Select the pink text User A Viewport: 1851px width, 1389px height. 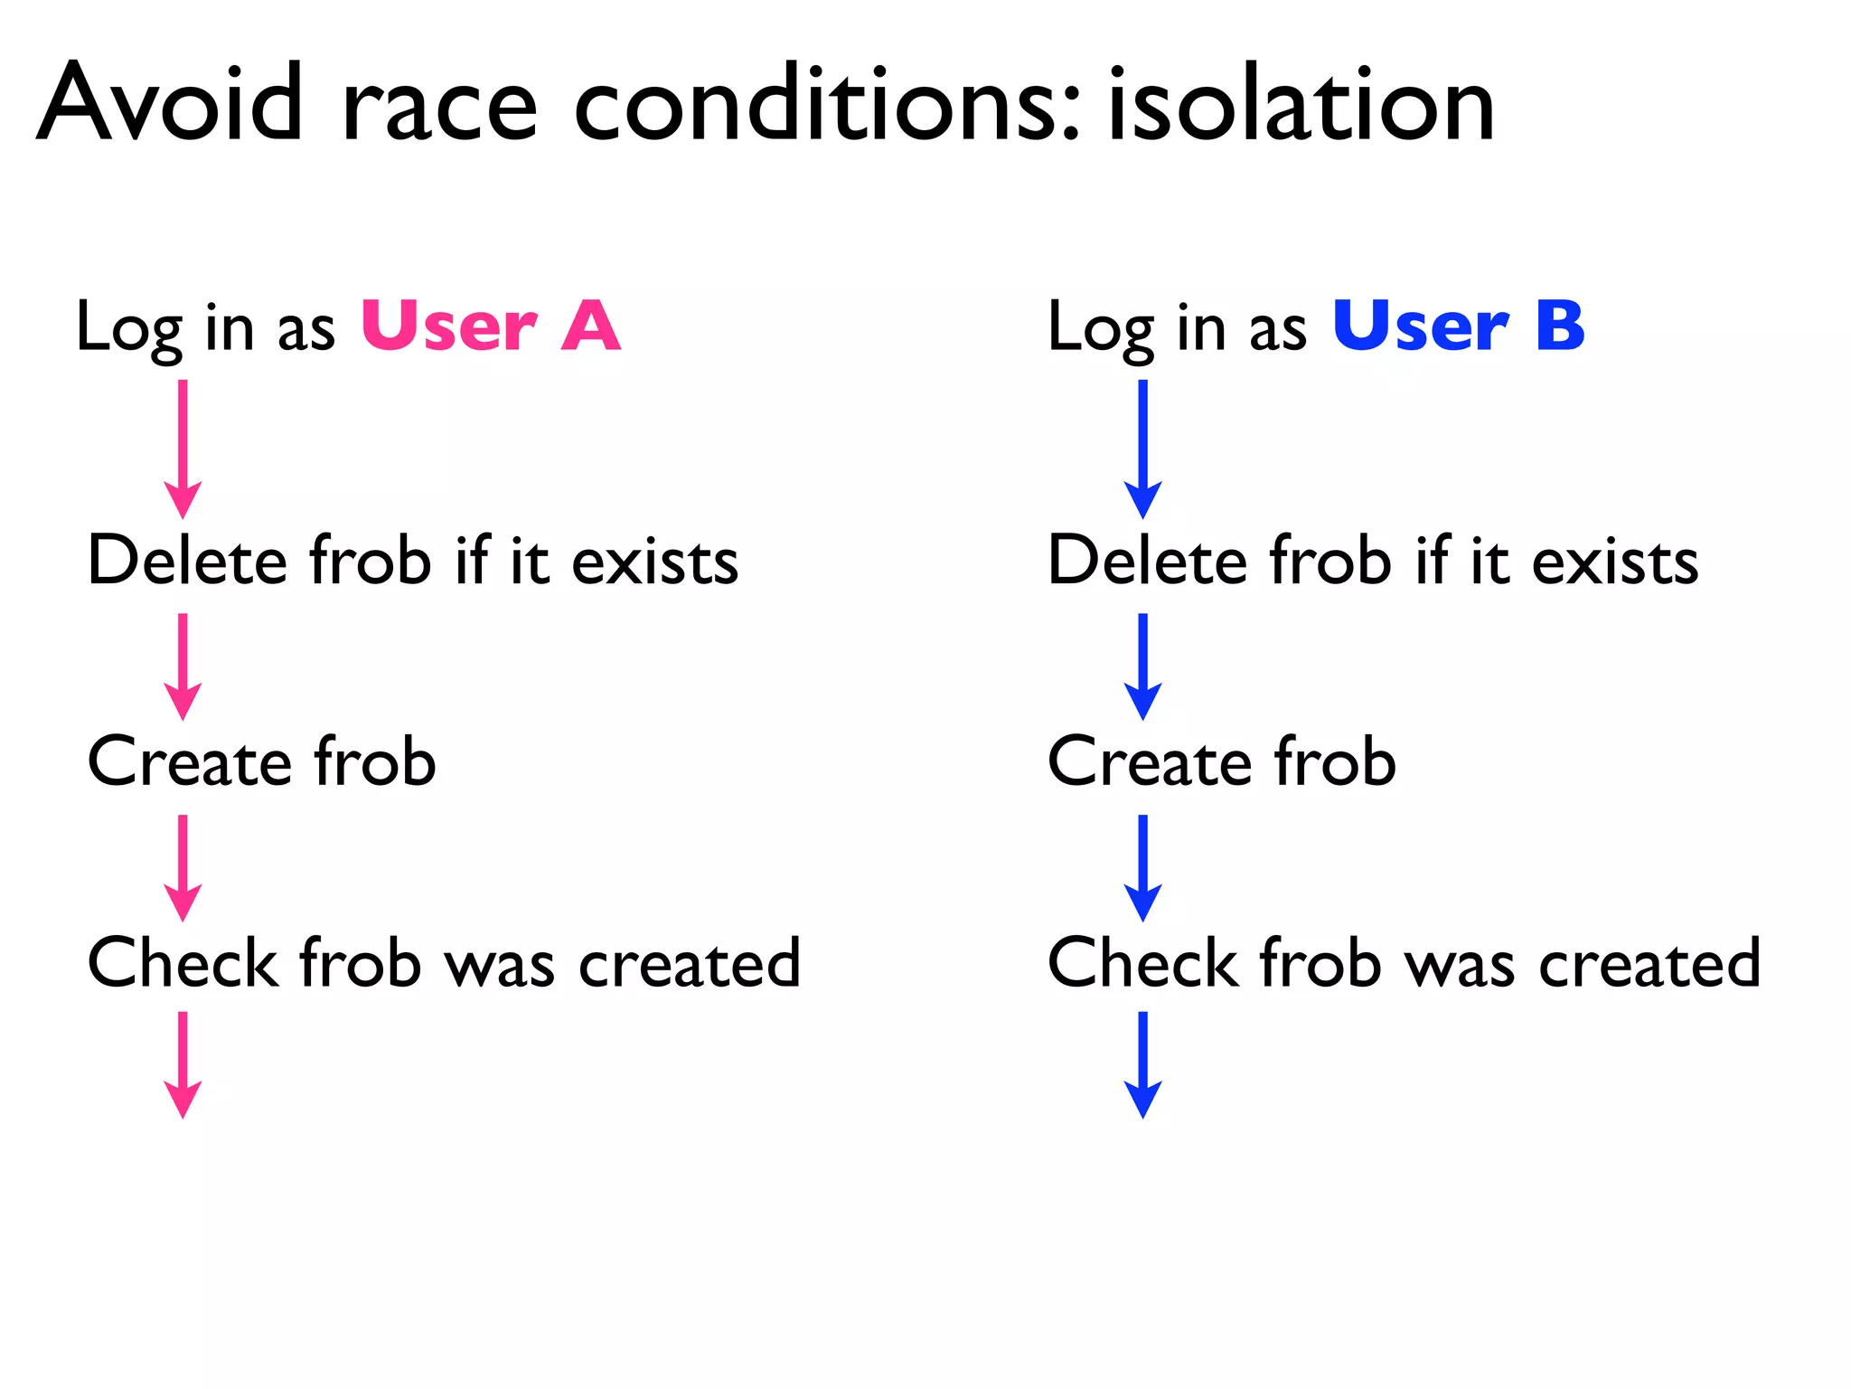click(491, 326)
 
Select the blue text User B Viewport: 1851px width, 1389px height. click(1458, 326)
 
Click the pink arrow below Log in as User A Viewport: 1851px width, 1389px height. click(183, 449)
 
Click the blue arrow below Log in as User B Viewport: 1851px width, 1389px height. click(1142, 449)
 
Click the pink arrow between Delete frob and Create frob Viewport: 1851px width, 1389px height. click(183, 666)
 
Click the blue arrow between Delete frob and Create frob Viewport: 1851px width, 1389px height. click(1142, 666)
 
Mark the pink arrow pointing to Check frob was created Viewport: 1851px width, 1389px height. click(183, 868)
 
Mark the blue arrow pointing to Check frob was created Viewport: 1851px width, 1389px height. click(1142, 868)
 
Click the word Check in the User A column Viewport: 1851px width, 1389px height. click(182, 962)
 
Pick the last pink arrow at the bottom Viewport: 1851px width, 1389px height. click(183, 1064)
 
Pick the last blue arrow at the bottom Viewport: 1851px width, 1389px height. click(1142, 1064)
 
